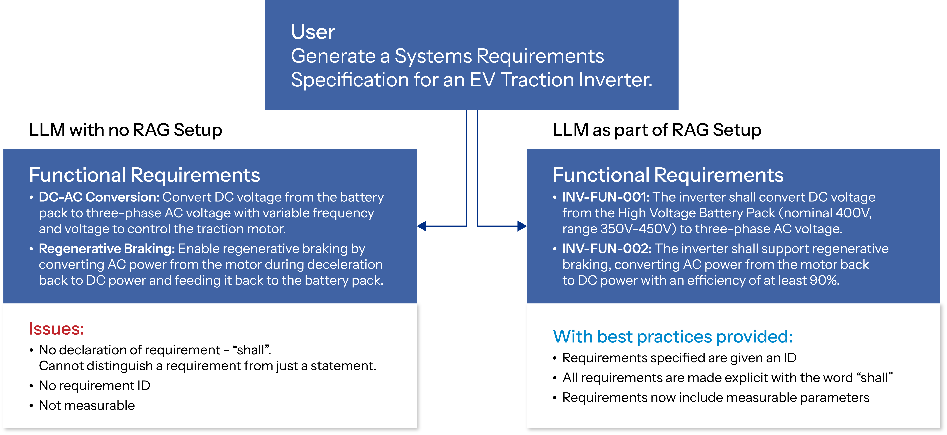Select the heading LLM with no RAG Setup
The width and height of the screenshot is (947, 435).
coord(125,130)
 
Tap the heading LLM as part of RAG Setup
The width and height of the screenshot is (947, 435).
coord(657,130)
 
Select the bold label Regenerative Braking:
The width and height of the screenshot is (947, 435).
coord(107,249)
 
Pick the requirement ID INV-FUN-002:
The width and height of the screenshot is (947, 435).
coord(607,249)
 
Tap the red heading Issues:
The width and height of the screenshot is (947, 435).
coord(56,328)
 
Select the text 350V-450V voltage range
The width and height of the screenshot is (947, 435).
coord(638,229)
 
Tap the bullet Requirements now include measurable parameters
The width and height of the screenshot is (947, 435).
coord(715,397)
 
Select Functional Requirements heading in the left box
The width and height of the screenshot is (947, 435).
coord(144,175)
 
